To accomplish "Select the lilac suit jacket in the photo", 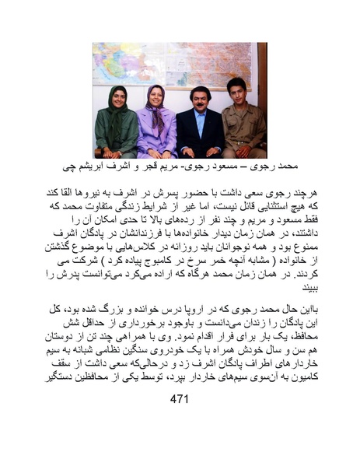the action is click(156, 132).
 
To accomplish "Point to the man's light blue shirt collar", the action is click(201, 116).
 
